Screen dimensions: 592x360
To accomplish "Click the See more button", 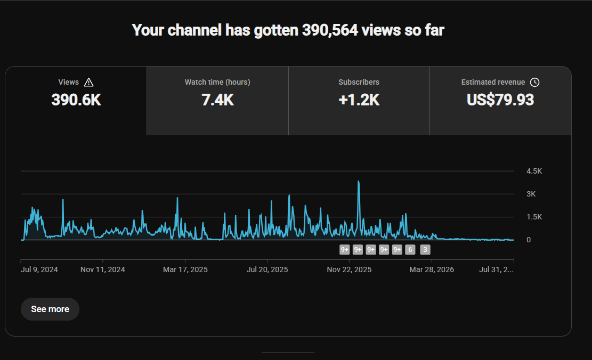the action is coord(50,309).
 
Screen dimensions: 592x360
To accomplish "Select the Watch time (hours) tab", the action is coord(217,101).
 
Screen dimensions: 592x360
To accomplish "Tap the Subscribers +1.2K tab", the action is coord(359,101).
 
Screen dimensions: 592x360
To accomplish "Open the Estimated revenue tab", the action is coord(500,101).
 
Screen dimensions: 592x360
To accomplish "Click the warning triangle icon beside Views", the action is coord(89,82).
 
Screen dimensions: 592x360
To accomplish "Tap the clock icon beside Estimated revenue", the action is coord(534,82).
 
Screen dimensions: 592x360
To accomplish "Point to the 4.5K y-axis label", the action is coord(534,171).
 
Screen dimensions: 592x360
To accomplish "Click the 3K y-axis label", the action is coord(531,194).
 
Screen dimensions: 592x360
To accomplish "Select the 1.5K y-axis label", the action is coord(534,217).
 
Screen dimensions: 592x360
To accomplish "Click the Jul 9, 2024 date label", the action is coord(39,269).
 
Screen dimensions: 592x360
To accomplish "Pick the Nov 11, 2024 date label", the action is coord(103,269).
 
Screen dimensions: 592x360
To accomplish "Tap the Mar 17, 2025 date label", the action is coord(185,269).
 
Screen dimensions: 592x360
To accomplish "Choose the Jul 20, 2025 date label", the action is coord(267,269).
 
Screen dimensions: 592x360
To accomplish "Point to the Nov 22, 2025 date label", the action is coord(349,269).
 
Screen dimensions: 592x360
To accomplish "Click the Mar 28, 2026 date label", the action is coord(432,269).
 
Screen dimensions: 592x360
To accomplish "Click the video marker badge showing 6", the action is coord(410,249).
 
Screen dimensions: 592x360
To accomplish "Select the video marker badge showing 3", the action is coord(425,249).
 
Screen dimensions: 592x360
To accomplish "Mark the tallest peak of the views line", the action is coord(359,182).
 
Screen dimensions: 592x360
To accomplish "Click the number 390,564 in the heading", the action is coord(330,30).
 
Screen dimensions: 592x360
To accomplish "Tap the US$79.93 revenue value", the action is coord(500,100).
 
